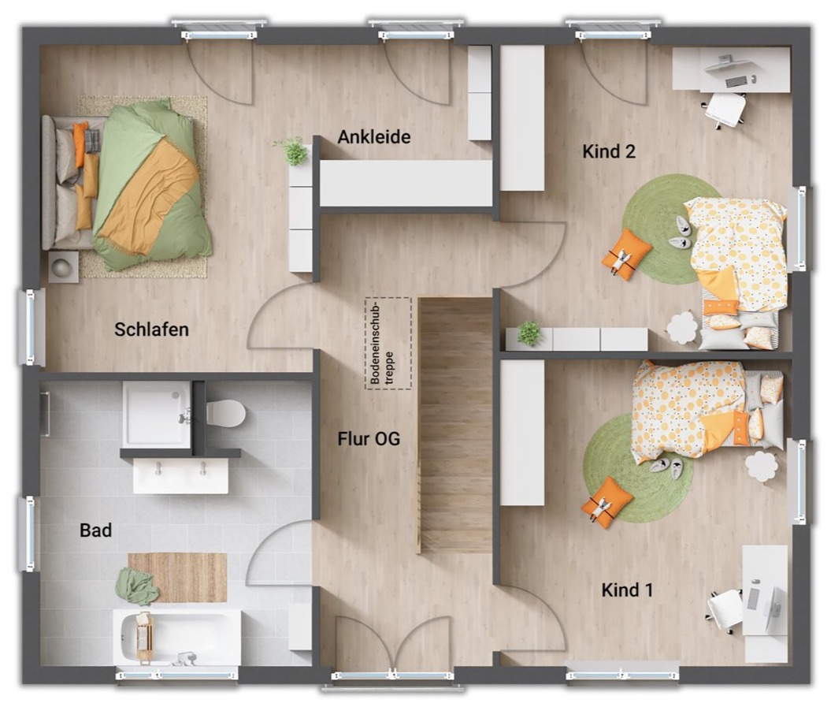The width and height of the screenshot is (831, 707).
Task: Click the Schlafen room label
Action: coord(151,329)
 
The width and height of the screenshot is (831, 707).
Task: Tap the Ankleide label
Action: coord(374,137)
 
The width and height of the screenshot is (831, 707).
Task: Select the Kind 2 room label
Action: coord(608,151)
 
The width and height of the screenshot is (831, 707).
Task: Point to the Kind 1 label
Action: coord(627,590)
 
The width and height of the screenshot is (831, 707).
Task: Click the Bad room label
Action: coord(96,530)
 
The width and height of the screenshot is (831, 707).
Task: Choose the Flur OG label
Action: coord(369,439)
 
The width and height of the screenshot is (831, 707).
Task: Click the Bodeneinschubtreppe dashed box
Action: coord(388,343)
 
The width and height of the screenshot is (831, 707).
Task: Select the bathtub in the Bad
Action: coord(177,637)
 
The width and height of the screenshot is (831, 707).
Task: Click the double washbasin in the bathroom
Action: coord(180,476)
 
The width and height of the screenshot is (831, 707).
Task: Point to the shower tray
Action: coord(157,414)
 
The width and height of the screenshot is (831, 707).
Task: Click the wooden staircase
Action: coord(455,425)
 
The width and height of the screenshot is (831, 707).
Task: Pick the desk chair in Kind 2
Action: coord(725,110)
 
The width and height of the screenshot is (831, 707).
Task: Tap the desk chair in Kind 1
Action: coord(725,609)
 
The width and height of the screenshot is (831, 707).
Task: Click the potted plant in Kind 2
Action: coord(529,333)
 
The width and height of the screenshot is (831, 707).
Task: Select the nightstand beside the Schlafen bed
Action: coord(64,266)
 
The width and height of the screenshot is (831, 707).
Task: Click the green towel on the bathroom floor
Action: coord(136,586)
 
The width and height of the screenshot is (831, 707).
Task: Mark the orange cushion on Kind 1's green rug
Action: coord(607,502)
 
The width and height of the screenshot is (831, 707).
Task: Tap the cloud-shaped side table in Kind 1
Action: coord(762,466)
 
